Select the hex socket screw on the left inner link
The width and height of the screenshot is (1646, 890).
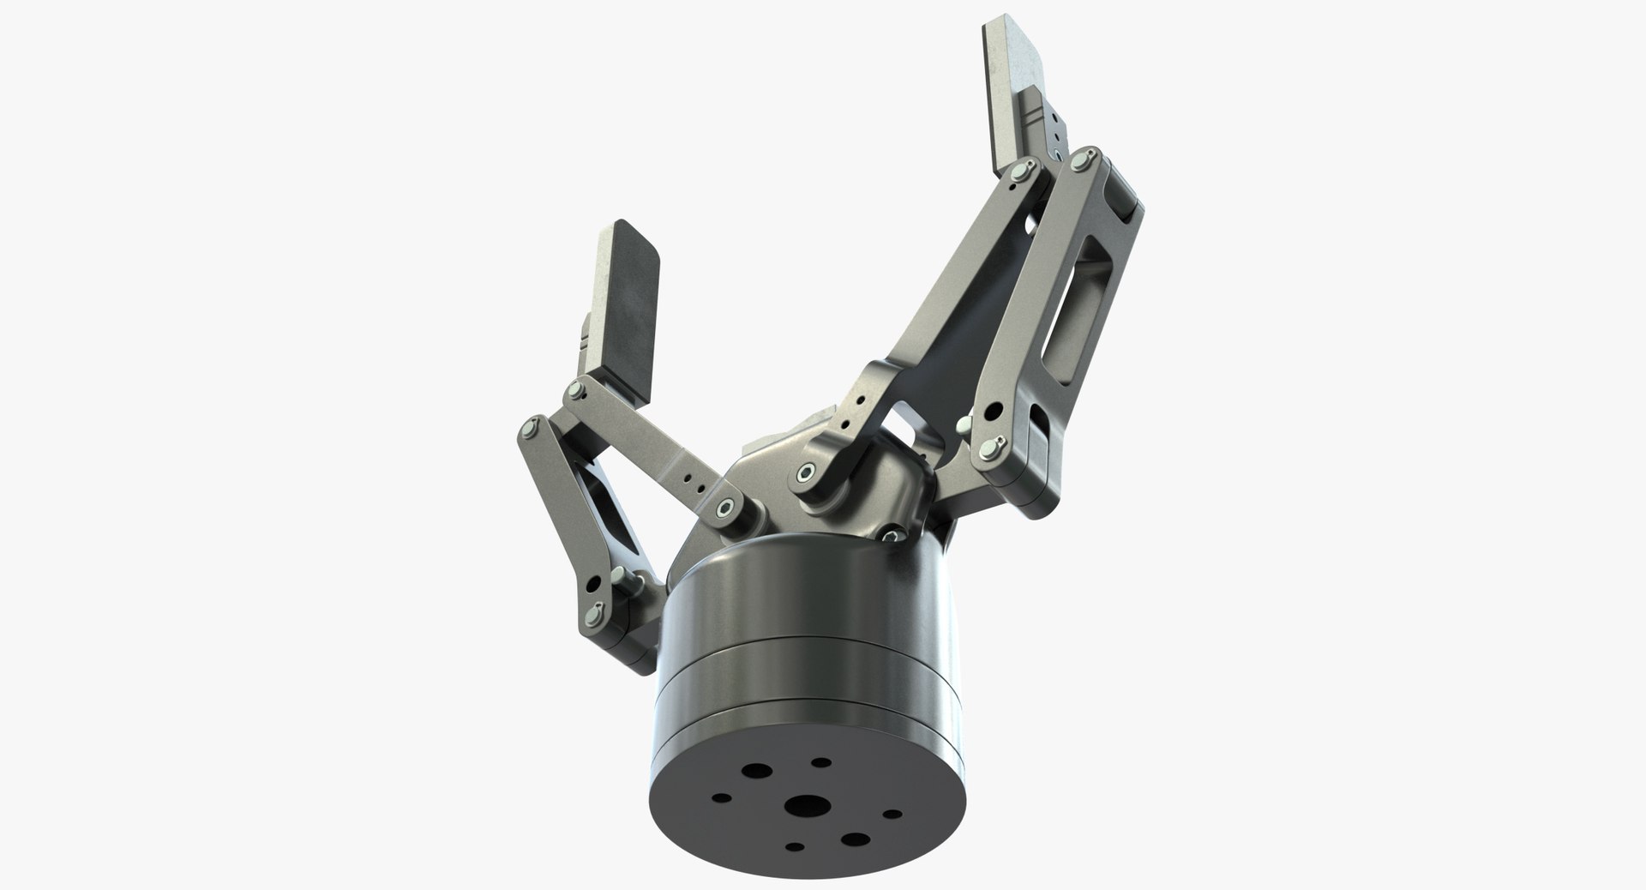pos(728,508)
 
